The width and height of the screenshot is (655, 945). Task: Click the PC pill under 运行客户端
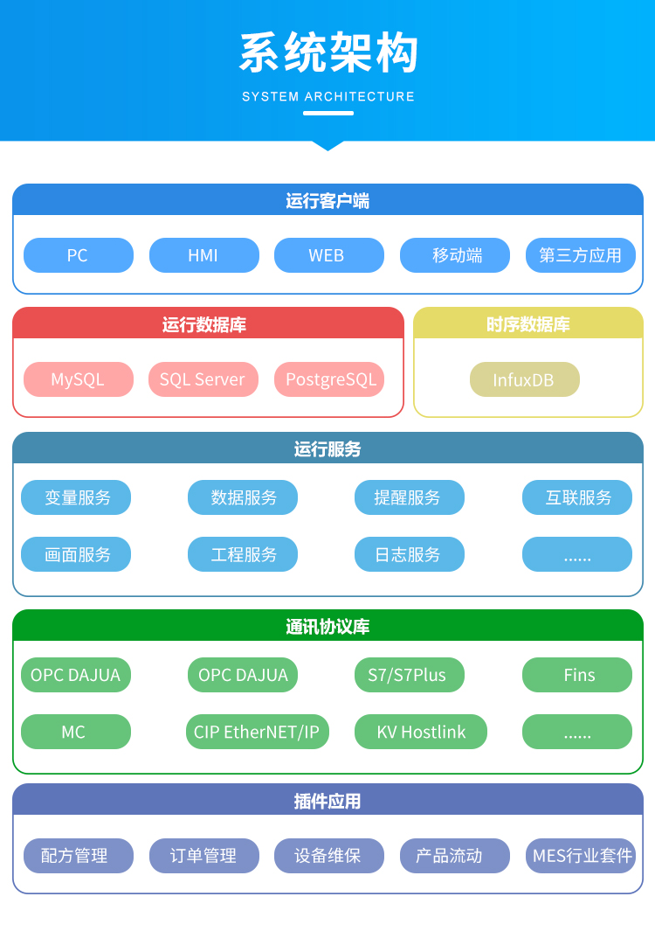(x=78, y=255)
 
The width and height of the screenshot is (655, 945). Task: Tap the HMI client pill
(x=203, y=255)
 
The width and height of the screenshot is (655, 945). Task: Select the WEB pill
(x=328, y=255)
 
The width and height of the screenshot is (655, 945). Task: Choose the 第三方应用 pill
(x=580, y=255)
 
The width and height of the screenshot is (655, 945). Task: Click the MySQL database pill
(x=78, y=379)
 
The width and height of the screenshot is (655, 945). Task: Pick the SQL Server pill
(x=203, y=379)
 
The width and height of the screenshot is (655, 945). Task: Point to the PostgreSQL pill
(x=329, y=379)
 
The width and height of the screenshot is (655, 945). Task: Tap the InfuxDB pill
(x=524, y=379)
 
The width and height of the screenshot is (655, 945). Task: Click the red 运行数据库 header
(x=208, y=324)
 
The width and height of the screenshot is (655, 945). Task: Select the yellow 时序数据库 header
(x=527, y=324)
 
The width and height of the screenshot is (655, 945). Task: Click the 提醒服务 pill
(x=409, y=497)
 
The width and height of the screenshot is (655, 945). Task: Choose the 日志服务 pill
(x=409, y=554)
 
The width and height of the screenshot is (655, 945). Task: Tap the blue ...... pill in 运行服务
(x=576, y=554)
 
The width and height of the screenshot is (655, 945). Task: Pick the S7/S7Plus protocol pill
(x=409, y=675)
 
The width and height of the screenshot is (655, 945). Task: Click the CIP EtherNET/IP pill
(x=257, y=732)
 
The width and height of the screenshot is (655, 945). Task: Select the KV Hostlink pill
(x=420, y=732)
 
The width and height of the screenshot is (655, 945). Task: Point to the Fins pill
(x=576, y=675)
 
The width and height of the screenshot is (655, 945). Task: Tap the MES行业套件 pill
(x=581, y=856)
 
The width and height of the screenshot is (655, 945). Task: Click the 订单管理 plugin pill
(x=203, y=856)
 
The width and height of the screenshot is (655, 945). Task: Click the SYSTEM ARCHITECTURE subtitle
(x=328, y=96)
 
